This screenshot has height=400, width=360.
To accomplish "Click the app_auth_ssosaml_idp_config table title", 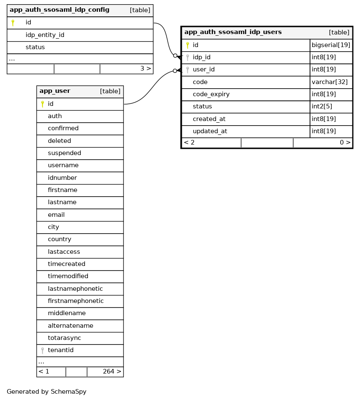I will [x=59, y=10].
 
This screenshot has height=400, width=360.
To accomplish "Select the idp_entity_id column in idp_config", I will [x=45, y=35].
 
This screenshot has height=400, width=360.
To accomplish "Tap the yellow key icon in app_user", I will [x=42, y=104].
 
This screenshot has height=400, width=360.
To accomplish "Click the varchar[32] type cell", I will [x=330, y=82].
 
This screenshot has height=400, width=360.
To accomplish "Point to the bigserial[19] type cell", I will [x=331, y=45].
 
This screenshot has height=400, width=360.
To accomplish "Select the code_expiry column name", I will [x=211, y=94].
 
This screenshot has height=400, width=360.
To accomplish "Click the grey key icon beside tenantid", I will [x=42, y=350].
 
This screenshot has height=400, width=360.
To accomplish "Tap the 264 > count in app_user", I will [x=112, y=371].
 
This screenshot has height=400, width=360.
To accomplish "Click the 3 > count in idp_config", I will [x=145, y=68].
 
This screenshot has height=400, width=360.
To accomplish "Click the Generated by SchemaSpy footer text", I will [x=47, y=392].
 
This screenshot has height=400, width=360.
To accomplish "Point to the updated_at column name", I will [x=210, y=131].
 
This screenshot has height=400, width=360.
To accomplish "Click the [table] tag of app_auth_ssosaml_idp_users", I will [x=339, y=32].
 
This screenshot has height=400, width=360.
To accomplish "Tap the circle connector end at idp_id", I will [x=175, y=55].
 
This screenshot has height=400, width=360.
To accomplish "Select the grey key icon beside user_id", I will [x=187, y=70].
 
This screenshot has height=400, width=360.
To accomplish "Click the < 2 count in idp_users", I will [x=189, y=142].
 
